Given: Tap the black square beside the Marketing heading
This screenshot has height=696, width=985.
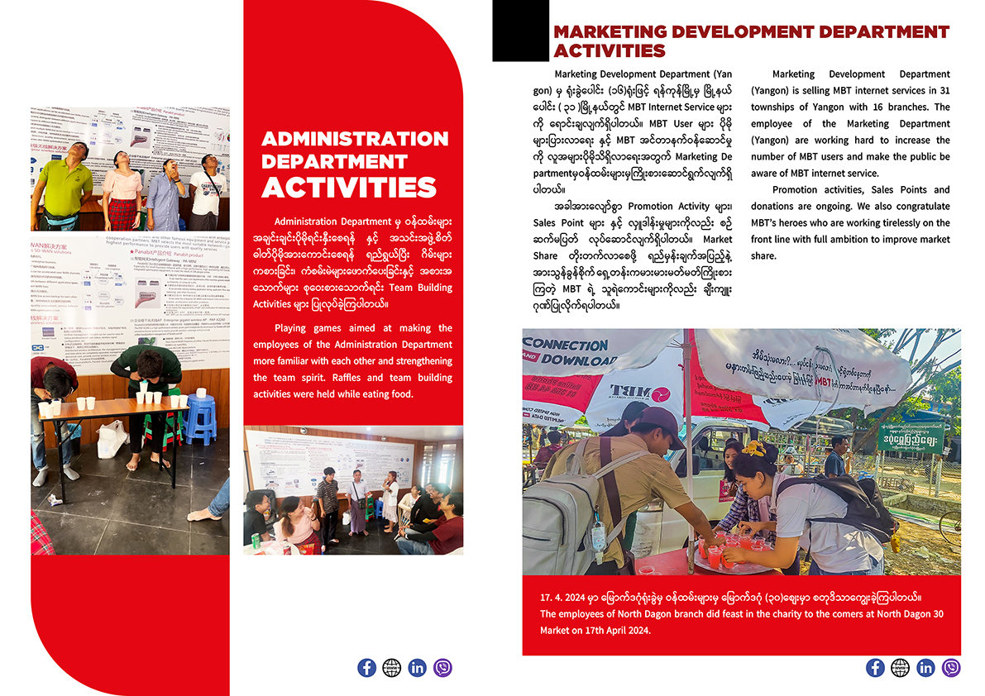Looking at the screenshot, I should pos(520,31).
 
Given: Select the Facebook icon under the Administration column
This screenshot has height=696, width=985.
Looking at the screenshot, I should pos(366,667).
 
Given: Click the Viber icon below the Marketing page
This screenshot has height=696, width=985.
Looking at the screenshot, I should pos(951,667).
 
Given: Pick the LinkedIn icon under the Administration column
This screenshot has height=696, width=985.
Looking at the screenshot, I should pos(417,667).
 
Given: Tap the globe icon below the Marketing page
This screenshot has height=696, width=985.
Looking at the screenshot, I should pos(900,667).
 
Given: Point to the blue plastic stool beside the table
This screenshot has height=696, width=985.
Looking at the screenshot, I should pos(199,418).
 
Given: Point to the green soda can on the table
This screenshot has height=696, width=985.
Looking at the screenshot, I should pos(256,541).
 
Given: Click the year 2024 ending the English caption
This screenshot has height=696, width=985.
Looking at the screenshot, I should pos(635,631).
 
